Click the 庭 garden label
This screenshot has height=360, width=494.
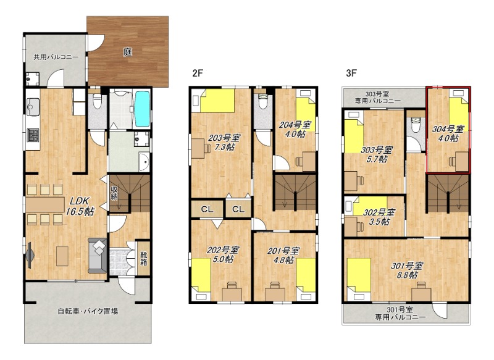(x=127, y=52)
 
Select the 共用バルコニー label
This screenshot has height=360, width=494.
(x=56, y=57)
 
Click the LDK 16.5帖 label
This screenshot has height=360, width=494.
(x=80, y=206)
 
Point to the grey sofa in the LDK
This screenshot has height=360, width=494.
(x=98, y=256)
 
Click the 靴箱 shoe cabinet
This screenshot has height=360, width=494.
(x=144, y=258)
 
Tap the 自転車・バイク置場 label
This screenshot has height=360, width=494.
(x=88, y=311)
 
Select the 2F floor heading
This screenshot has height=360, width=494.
(x=198, y=73)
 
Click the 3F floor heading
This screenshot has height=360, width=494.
(x=351, y=73)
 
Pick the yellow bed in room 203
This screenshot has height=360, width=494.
(x=217, y=101)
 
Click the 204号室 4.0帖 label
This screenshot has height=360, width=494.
(x=295, y=130)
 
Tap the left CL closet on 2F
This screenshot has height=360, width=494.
(x=207, y=209)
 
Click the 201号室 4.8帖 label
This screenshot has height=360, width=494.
(x=283, y=256)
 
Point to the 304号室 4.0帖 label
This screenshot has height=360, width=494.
(x=448, y=133)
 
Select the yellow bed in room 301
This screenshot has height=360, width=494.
(x=359, y=277)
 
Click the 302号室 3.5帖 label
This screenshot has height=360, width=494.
(x=379, y=217)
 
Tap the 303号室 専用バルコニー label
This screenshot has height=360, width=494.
(x=378, y=98)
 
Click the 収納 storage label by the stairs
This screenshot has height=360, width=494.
(x=114, y=193)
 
